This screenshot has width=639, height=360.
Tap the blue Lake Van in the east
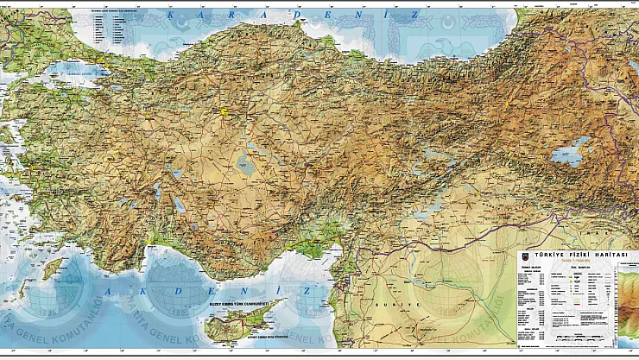point(569,155)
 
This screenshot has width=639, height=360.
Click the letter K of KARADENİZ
point(172,15)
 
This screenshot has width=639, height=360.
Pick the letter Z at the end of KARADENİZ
point(415,15)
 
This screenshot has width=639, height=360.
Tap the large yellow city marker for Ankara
point(227,111)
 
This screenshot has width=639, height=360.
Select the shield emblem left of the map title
point(523,256)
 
